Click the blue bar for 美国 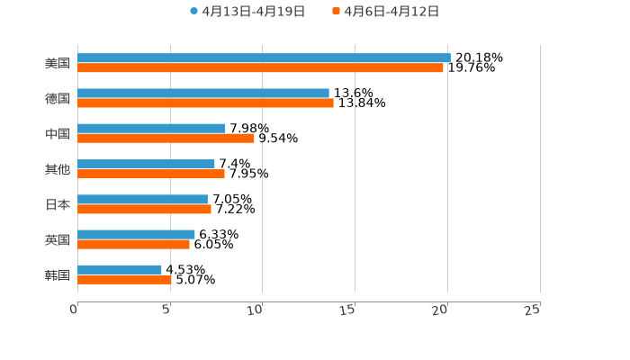coord(264,58)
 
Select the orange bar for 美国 coord(260,67)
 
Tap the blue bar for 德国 coord(203,93)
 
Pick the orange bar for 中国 coord(166,138)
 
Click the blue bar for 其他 coord(146,164)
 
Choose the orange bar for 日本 coord(144,209)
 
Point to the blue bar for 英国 coord(136,234)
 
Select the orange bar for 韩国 coord(124,279)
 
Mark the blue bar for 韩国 coord(120,269)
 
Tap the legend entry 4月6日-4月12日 coord(391,12)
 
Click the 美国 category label coord(58,63)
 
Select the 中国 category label coord(58,133)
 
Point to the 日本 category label coord(58,204)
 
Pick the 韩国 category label coord(58,274)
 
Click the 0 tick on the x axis coord(74,310)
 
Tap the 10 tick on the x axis coord(256,310)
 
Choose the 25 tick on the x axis coord(533,310)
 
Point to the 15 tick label coord(348,310)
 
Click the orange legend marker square coord(337,12)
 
